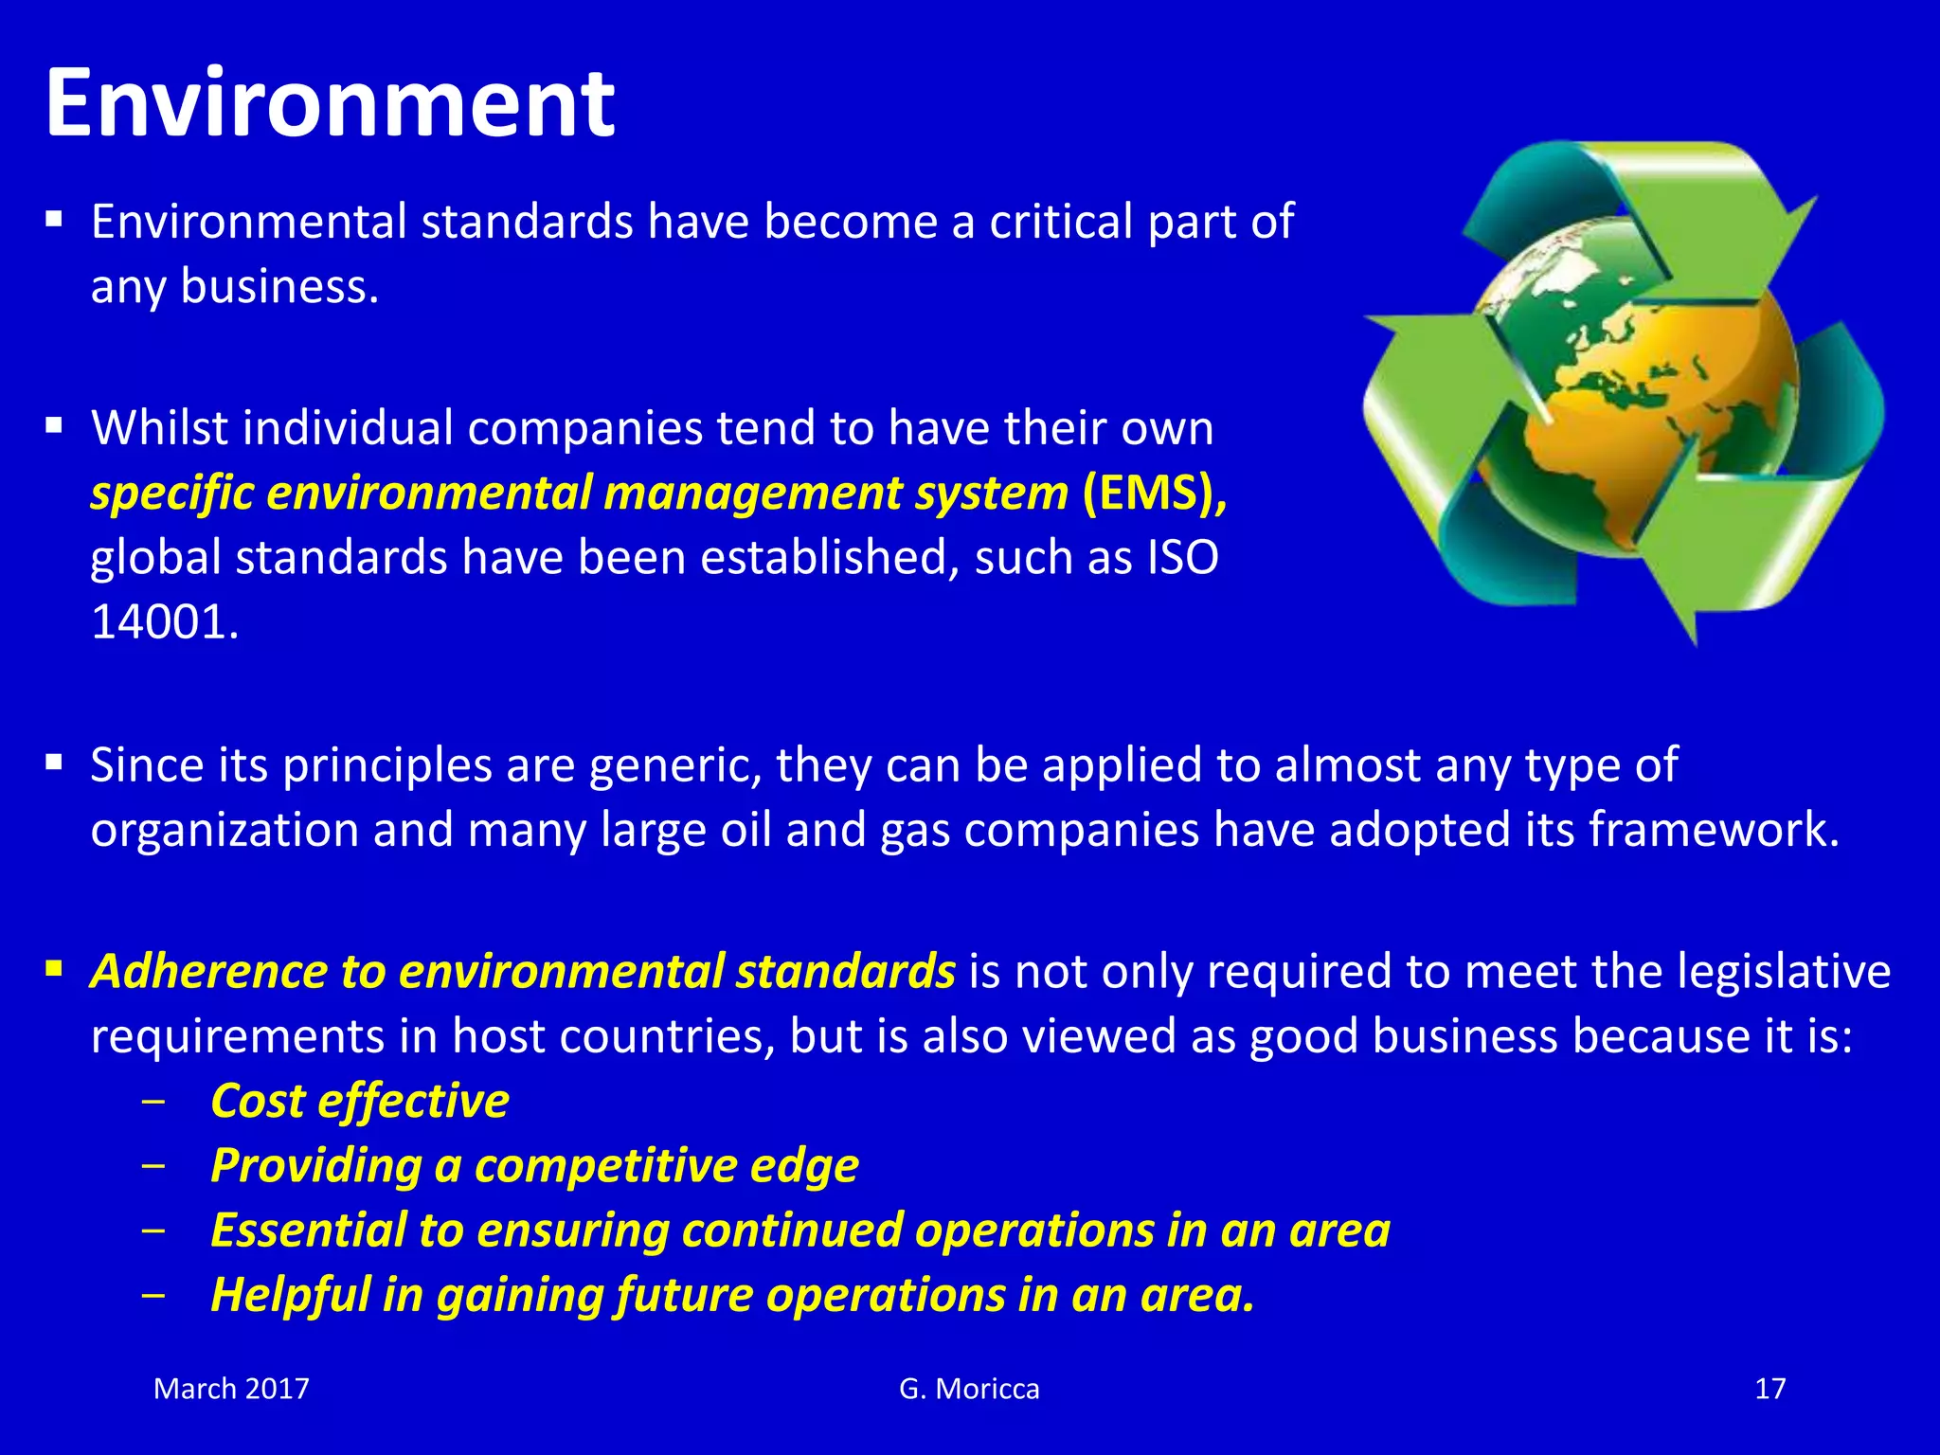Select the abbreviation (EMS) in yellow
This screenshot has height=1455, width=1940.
pos(1154,494)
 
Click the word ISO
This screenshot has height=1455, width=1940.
pos(1182,557)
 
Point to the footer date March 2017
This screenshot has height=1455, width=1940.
pos(231,1389)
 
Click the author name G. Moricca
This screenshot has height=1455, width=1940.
pos(969,1389)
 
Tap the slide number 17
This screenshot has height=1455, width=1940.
pos(1769,1389)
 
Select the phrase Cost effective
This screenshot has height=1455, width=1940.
pos(360,1102)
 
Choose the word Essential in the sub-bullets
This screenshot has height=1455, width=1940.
pos(309,1230)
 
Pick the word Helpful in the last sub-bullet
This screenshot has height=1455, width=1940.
pos(290,1295)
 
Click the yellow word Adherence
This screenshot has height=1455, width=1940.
pos(208,972)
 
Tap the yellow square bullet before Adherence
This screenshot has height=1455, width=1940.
pos(54,969)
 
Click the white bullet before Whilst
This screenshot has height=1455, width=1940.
pos(54,425)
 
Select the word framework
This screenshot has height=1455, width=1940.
pos(1713,830)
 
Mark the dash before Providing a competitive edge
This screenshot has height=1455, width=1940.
pos(153,1166)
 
